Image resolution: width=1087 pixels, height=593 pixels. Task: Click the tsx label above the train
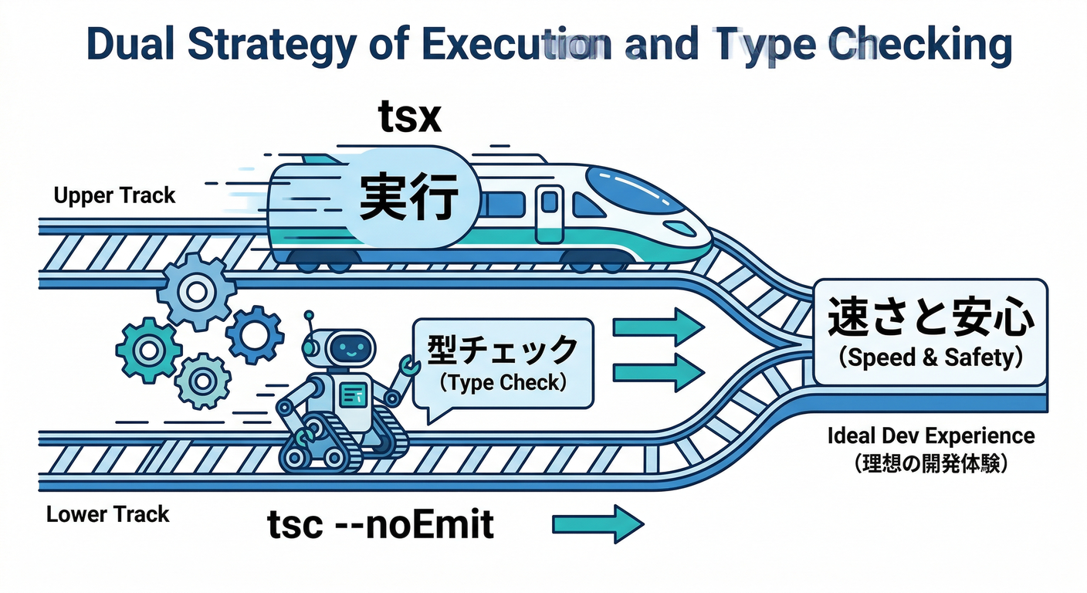(x=408, y=118)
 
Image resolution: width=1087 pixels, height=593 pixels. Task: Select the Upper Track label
(x=114, y=195)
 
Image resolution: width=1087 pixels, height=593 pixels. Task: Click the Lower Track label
(x=107, y=514)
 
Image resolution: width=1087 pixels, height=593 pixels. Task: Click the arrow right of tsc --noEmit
(x=598, y=525)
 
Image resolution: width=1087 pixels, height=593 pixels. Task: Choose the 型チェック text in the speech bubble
(x=503, y=351)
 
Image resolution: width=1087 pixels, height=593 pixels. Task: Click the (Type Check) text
(x=503, y=382)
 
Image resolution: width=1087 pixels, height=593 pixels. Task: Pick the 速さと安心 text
(x=930, y=320)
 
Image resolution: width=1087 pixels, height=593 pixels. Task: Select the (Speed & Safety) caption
(x=930, y=357)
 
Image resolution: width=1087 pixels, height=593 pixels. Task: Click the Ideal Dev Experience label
(x=930, y=436)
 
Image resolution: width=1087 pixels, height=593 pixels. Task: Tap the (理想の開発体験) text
(x=930, y=465)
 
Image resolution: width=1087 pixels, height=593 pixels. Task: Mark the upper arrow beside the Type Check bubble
(x=658, y=327)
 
